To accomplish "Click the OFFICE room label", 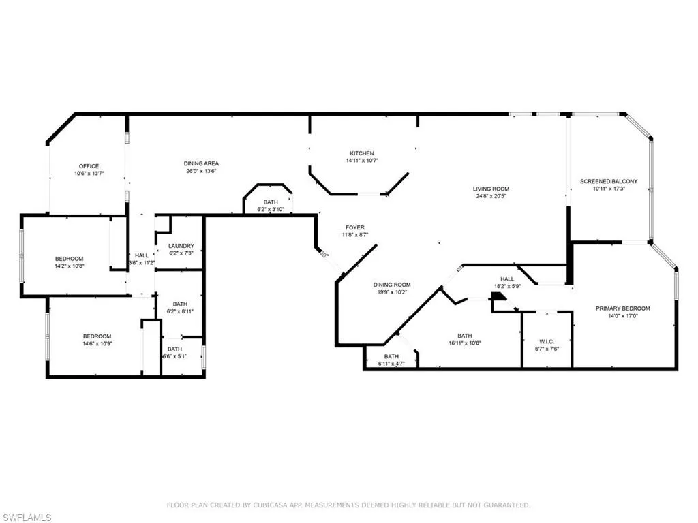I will point(89,166).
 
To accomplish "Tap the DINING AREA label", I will point(201,163).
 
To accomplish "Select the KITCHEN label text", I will point(362,153).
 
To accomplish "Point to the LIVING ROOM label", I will point(491,189).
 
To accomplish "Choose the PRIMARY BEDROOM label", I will point(622,308).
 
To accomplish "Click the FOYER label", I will point(354,227).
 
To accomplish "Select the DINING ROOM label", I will point(391,285).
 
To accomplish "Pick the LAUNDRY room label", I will point(181,246).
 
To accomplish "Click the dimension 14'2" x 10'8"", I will point(69,266).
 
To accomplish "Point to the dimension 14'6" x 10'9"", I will point(97,344).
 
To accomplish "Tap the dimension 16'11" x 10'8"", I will point(464,343).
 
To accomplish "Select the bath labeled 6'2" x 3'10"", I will point(271,210).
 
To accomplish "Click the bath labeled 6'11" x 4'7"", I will point(391,364).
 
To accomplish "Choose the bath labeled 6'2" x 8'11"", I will point(180,312).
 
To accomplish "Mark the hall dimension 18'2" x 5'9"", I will point(508,287).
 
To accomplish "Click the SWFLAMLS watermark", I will point(27,518).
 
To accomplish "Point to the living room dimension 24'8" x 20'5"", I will point(491,196).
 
